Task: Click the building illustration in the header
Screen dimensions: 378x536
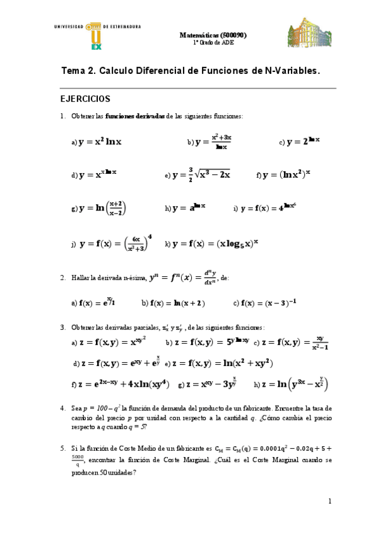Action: (x=309, y=33)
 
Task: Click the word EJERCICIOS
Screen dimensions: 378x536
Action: (x=85, y=99)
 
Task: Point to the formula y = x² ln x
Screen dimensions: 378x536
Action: (x=100, y=142)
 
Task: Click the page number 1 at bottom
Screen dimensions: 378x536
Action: (x=329, y=501)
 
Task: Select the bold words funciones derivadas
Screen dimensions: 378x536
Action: (x=135, y=116)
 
